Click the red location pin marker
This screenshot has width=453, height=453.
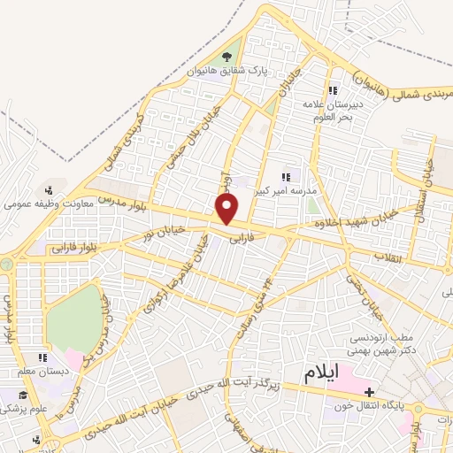[228, 210]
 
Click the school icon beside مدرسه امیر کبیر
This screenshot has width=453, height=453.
[285, 175]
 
